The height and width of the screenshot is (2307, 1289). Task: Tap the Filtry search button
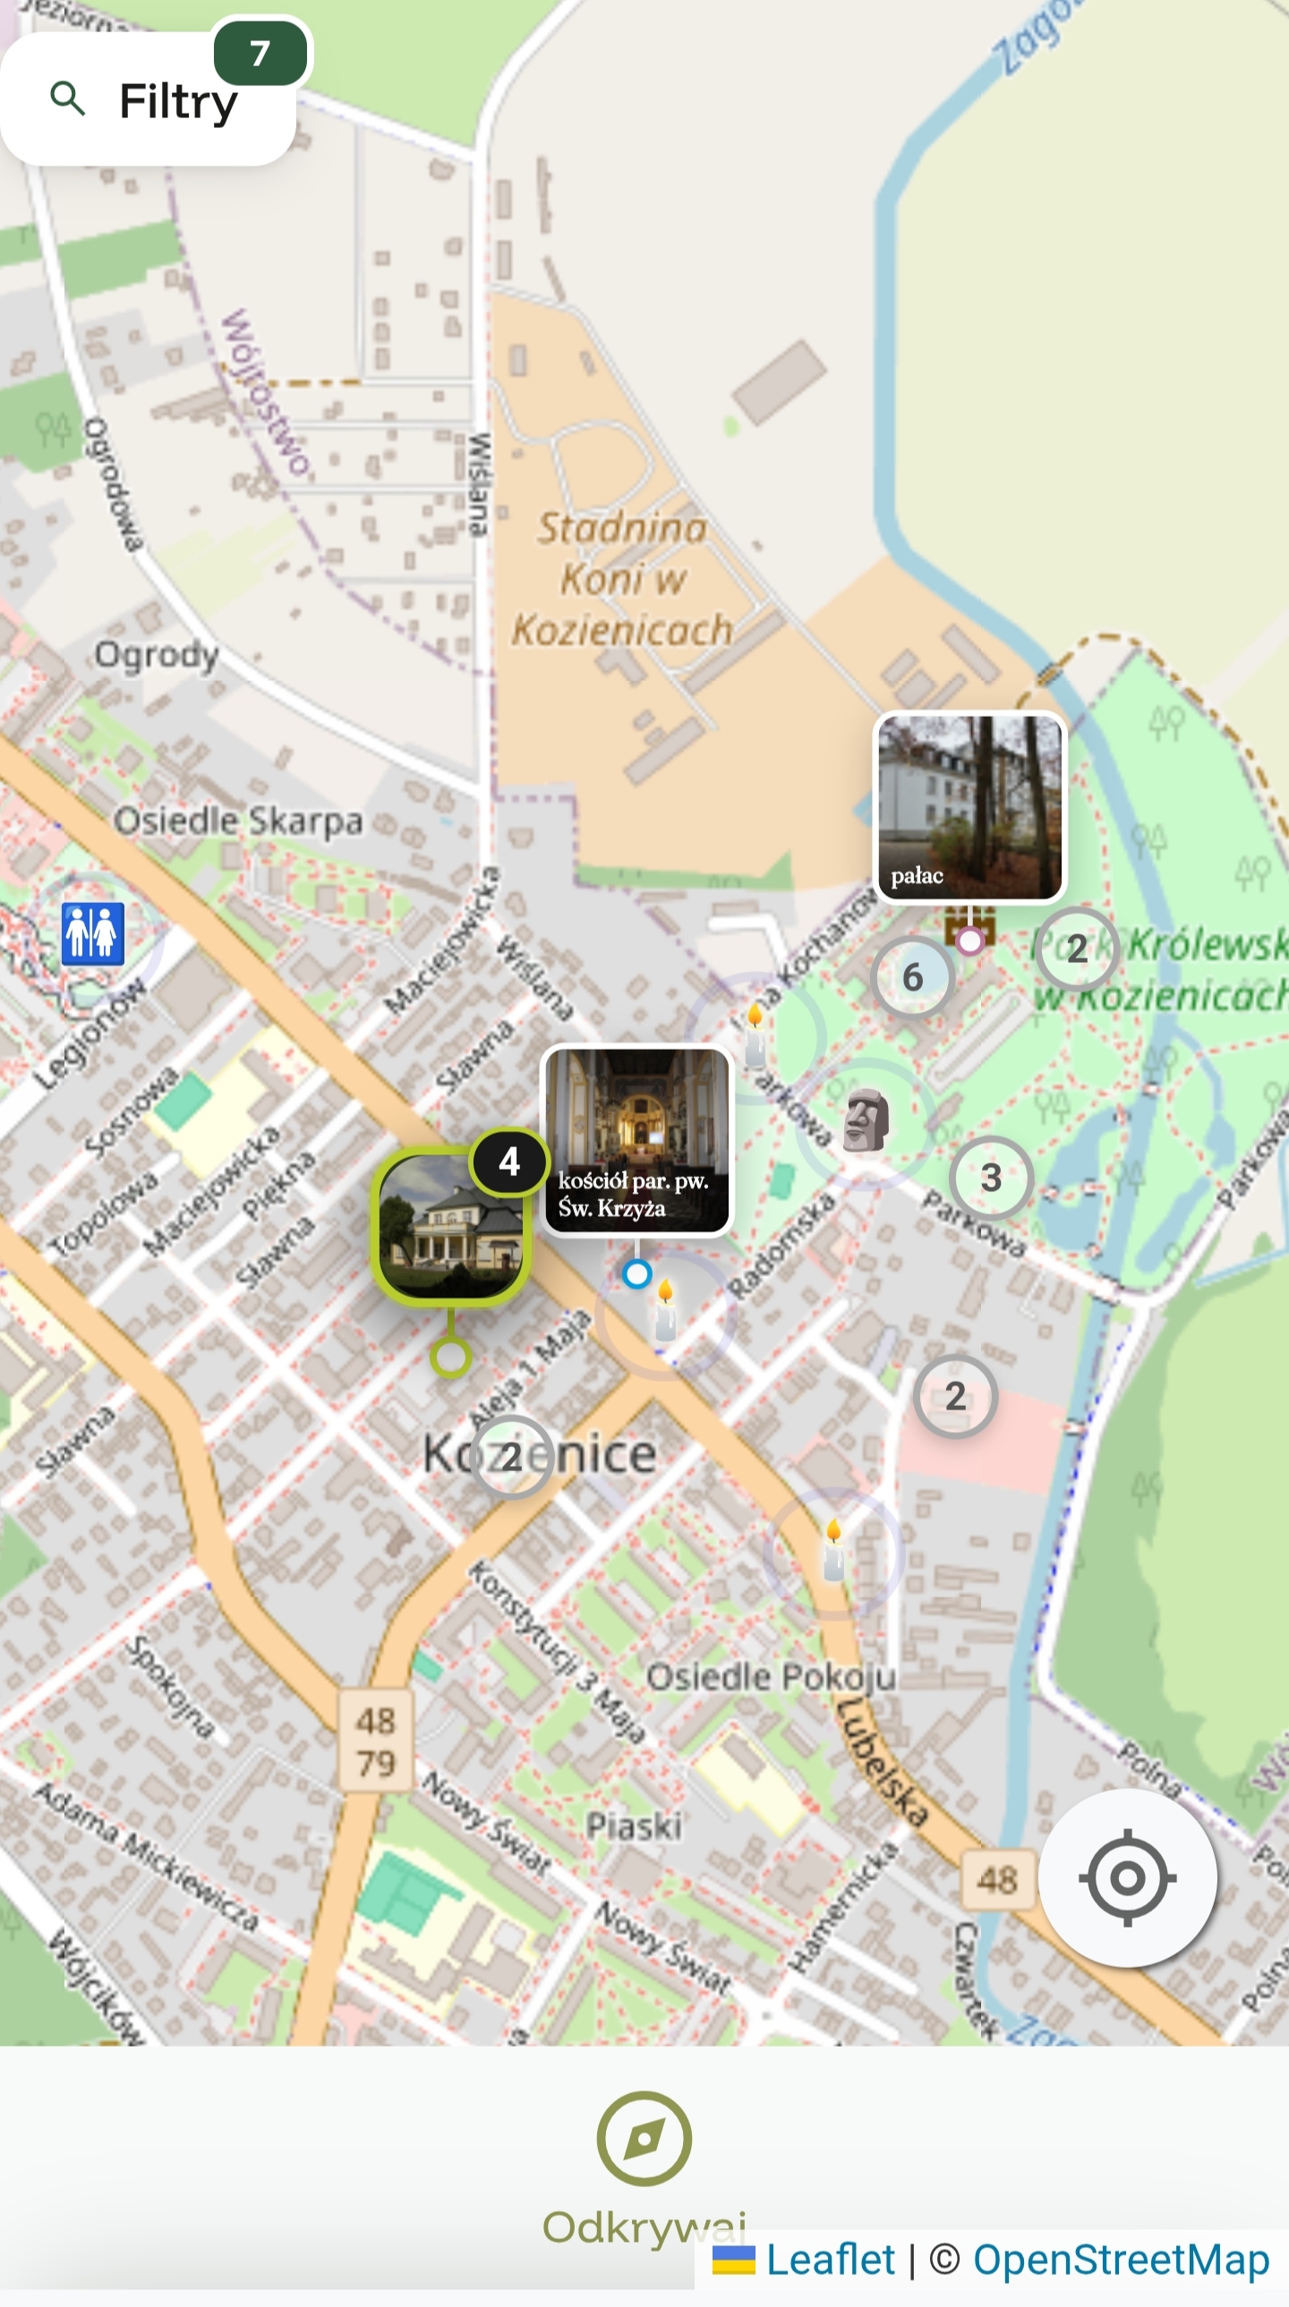(148, 100)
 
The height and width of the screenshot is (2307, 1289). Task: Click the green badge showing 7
(260, 54)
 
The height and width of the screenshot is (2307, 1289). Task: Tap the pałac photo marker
(970, 806)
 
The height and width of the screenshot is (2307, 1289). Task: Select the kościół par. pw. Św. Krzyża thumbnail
(636, 1139)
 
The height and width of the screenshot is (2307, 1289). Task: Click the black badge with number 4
(509, 1162)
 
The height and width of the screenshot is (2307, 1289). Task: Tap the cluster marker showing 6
(912, 977)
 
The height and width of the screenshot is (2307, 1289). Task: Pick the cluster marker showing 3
(991, 1178)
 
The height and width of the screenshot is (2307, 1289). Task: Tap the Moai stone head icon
(866, 1120)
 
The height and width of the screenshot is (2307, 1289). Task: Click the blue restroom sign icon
(92, 933)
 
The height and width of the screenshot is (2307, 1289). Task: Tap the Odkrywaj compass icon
(644, 2139)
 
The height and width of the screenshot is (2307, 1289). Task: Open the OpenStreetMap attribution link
(1121, 2260)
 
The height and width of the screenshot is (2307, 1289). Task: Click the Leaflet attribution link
(830, 2260)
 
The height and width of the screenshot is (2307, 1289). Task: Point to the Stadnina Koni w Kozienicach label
(621, 580)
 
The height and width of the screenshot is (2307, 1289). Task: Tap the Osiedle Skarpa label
(238, 821)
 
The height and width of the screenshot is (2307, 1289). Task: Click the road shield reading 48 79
(376, 1742)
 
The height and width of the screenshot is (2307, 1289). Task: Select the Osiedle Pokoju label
(772, 1676)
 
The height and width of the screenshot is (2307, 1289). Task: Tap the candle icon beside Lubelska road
(833, 1551)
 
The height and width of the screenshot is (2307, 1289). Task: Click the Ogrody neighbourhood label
(157, 655)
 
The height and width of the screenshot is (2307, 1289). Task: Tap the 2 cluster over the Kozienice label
(511, 1457)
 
